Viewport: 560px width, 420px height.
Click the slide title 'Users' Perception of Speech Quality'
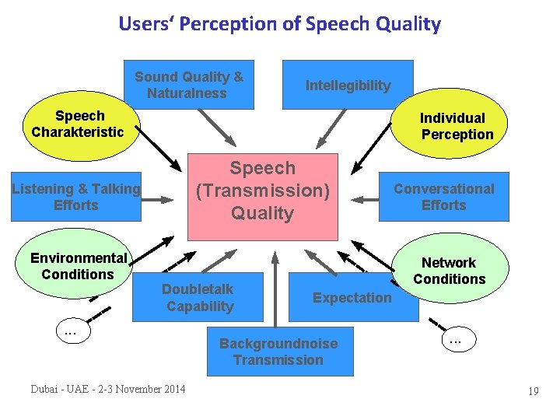coord(279,23)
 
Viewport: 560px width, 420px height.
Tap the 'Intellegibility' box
coord(348,85)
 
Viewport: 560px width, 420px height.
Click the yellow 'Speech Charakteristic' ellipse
coord(78,124)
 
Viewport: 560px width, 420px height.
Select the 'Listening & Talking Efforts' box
coord(76,197)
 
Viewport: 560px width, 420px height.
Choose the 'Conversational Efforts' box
coord(443,197)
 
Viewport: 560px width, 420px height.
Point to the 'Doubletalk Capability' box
coord(198,297)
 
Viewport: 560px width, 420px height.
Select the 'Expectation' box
coord(352,298)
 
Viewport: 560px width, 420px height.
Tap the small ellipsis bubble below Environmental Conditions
coord(70,332)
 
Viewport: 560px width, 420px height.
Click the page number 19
coord(533,391)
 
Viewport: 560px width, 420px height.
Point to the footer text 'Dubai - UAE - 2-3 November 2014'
coord(108,389)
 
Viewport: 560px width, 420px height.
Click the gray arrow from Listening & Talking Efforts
coord(160,200)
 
